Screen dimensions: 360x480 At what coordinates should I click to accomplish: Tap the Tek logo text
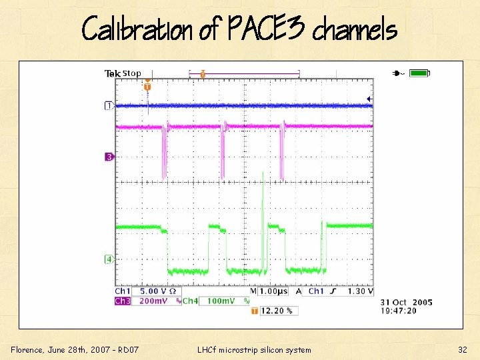click(x=113, y=73)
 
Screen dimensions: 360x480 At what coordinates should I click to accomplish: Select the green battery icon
click(x=419, y=73)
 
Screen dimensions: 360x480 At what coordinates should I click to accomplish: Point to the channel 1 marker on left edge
click(x=109, y=105)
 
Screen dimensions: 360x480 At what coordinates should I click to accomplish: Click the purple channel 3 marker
click(x=109, y=157)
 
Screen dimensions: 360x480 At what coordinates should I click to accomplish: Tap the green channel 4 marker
click(x=109, y=258)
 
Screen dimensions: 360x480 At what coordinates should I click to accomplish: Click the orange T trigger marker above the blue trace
click(x=147, y=87)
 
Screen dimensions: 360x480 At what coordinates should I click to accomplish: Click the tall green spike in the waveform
click(x=263, y=200)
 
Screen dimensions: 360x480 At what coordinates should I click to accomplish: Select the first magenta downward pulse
click(x=165, y=153)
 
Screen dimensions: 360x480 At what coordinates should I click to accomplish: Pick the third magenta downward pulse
click(x=282, y=153)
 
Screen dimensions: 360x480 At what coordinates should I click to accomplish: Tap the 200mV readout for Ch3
click(x=153, y=301)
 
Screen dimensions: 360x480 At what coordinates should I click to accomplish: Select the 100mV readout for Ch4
click(x=217, y=301)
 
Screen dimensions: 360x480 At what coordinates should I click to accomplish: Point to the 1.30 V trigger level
click(x=360, y=291)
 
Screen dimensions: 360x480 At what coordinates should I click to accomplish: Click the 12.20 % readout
click(x=279, y=311)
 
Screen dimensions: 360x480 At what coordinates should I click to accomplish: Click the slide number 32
click(x=462, y=349)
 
